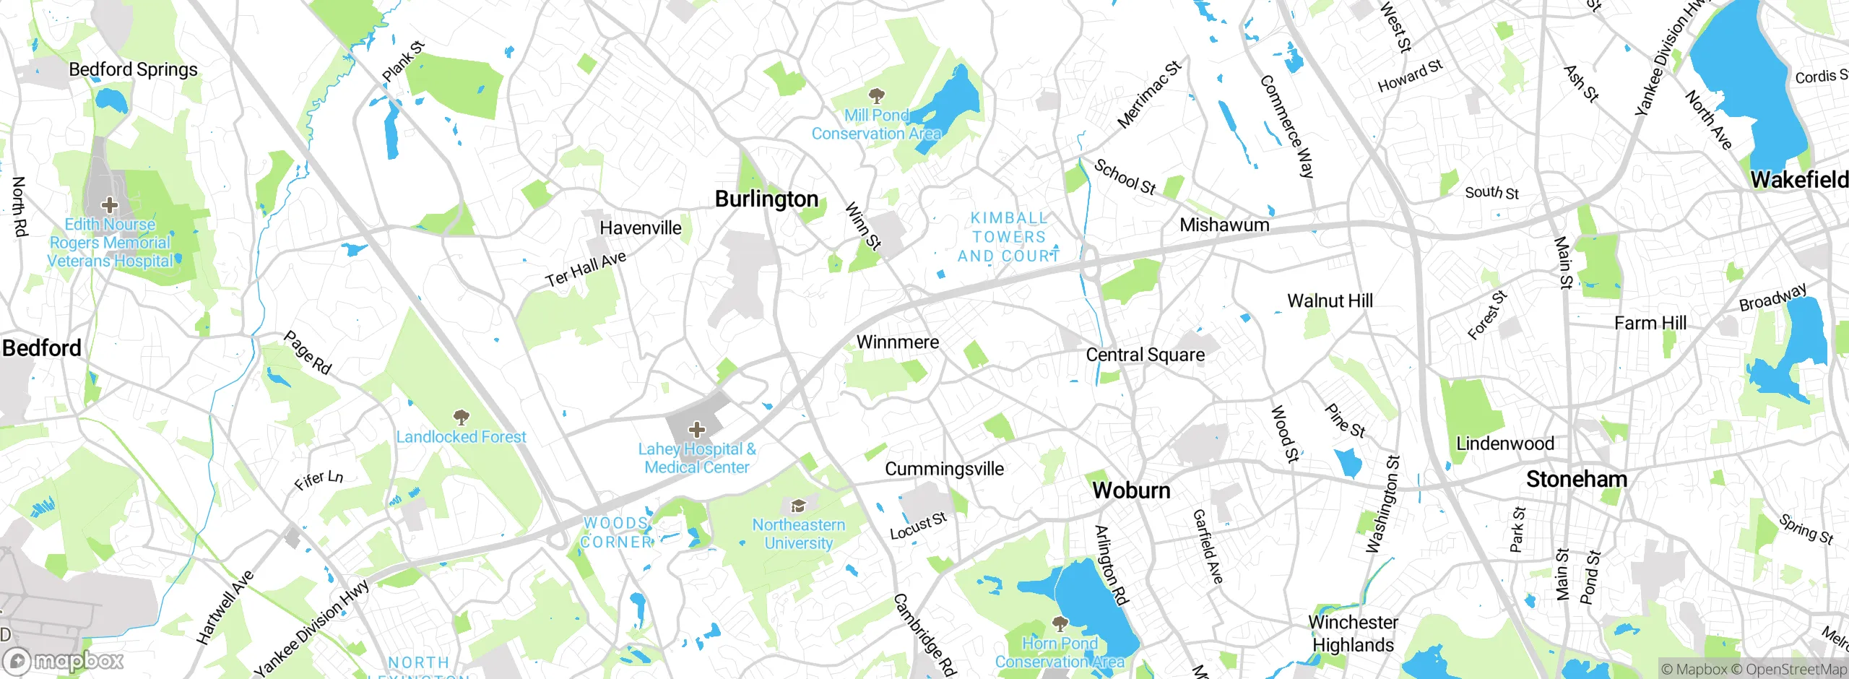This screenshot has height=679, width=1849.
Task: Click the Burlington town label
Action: (766, 199)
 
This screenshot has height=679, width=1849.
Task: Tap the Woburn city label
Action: (1131, 490)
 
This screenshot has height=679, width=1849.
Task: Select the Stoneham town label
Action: (1576, 480)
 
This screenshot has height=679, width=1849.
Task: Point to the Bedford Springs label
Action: (133, 69)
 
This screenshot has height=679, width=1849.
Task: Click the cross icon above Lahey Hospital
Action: (696, 431)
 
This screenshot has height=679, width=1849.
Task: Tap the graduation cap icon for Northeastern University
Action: (798, 506)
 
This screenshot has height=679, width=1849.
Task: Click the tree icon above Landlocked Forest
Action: (461, 417)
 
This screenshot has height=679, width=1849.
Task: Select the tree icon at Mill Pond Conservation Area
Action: (877, 95)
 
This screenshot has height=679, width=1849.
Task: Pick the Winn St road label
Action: (863, 226)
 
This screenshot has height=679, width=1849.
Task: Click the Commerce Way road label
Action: (1287, 126)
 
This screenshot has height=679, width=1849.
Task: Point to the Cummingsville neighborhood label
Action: (944, 469)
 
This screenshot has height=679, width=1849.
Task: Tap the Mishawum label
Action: (1224, 225)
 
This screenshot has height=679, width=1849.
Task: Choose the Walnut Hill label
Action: (1330, 300)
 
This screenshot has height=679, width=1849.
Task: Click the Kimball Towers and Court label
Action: (1008, 237)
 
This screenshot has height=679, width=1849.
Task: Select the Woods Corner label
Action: (615, 532)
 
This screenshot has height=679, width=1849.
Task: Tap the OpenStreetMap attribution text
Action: (1796, 670)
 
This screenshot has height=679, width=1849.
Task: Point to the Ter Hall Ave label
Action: (586, 269)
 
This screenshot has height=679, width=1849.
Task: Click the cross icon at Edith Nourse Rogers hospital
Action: (109, 205)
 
